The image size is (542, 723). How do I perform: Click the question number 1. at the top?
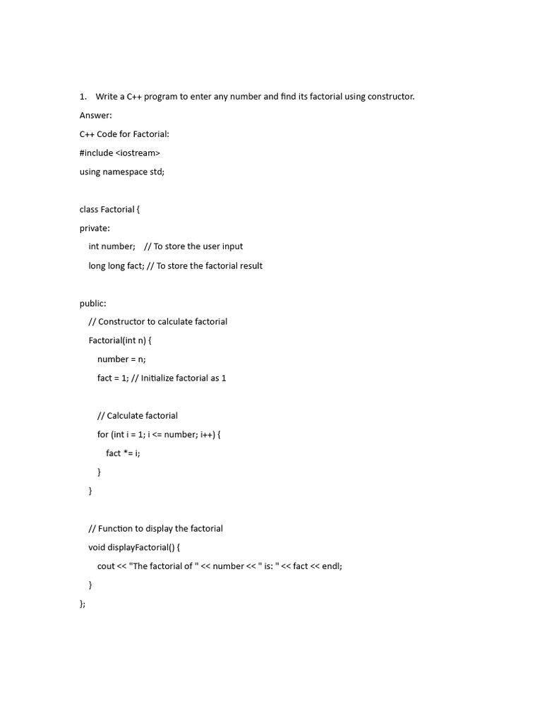[83, 96]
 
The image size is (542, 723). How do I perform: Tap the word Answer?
[96, 115]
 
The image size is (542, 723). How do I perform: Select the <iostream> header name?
[138, 153]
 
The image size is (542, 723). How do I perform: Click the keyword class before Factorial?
[89, 209]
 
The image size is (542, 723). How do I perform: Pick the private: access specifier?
[95, 228]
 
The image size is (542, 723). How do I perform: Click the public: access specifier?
[93, 303]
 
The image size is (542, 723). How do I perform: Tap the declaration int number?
[112, 246]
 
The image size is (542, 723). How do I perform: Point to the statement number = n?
[121, 359]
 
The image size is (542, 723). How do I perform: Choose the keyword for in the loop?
[103, 434]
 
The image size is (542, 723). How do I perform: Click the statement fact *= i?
[124, 453]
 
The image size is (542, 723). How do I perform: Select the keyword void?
[97, 547]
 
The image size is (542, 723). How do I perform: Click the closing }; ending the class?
[83, 603]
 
